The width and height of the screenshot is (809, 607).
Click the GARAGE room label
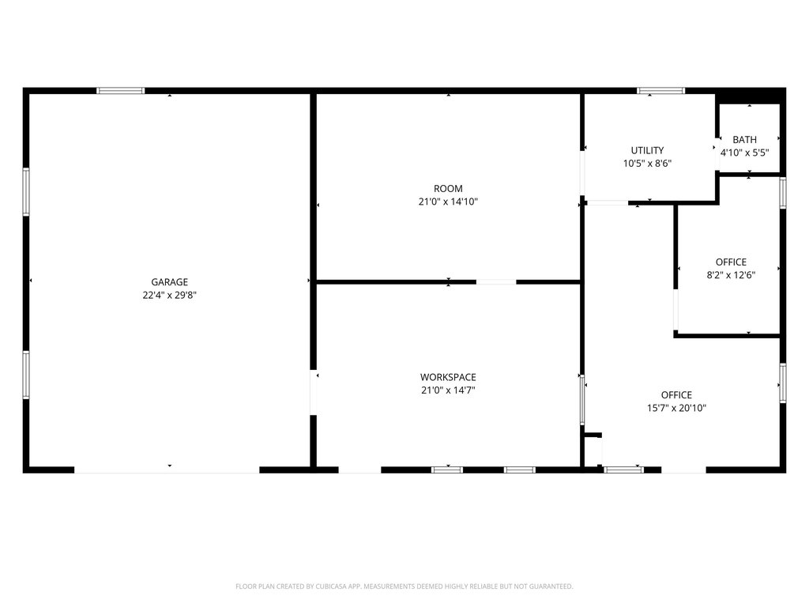point(169,282)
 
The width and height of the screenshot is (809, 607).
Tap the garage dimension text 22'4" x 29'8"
point(169,296)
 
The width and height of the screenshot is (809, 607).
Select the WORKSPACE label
point(448,377)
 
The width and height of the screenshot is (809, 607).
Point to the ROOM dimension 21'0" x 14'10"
point(448,202)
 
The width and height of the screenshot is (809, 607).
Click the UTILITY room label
point(647,150)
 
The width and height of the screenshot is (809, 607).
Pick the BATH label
point(744,139)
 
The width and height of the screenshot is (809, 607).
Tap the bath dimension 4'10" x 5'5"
point(744,153)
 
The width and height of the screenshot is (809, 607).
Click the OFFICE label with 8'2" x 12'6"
point(731,262)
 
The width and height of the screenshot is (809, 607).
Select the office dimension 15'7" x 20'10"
point(676,408)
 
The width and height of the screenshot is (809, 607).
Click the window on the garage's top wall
point(121,91)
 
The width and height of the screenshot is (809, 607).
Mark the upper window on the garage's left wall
point(26,191)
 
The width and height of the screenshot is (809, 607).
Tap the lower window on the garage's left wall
point(26,375)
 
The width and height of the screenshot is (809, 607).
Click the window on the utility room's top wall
point(661,91)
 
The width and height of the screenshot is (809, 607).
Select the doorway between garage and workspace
point(313,392)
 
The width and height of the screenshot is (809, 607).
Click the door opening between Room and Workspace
point(496,282)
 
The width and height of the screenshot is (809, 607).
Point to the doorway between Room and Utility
point(582,173)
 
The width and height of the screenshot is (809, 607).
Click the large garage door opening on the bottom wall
point(167,469)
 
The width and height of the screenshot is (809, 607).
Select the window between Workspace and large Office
point(582,399)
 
